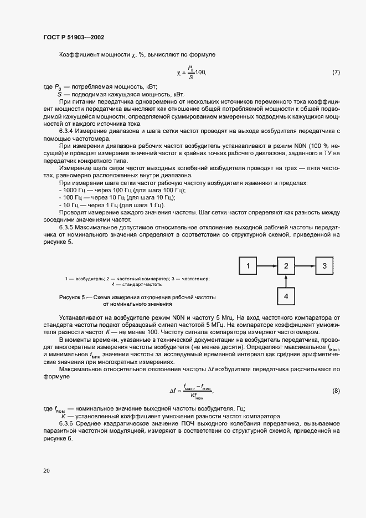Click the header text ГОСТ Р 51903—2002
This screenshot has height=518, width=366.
coord(73,37)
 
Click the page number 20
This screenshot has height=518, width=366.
coord(46,471)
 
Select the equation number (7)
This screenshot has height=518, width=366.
coord(336,73)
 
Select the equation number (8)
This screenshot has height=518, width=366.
coord(336,391)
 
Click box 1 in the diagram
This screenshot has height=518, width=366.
coord(249,266)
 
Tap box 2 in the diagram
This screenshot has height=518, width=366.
coord(286,266)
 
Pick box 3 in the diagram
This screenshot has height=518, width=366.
coord(325,266)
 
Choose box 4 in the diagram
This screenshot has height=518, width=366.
coord(286,296)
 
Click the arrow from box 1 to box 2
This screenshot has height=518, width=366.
coord(267,266)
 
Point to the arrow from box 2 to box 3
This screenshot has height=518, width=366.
coord(306,266)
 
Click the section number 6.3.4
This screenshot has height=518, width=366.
coord(68,130)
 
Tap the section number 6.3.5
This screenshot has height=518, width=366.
coord(68,227)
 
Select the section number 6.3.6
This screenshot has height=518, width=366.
coord(68,424)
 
